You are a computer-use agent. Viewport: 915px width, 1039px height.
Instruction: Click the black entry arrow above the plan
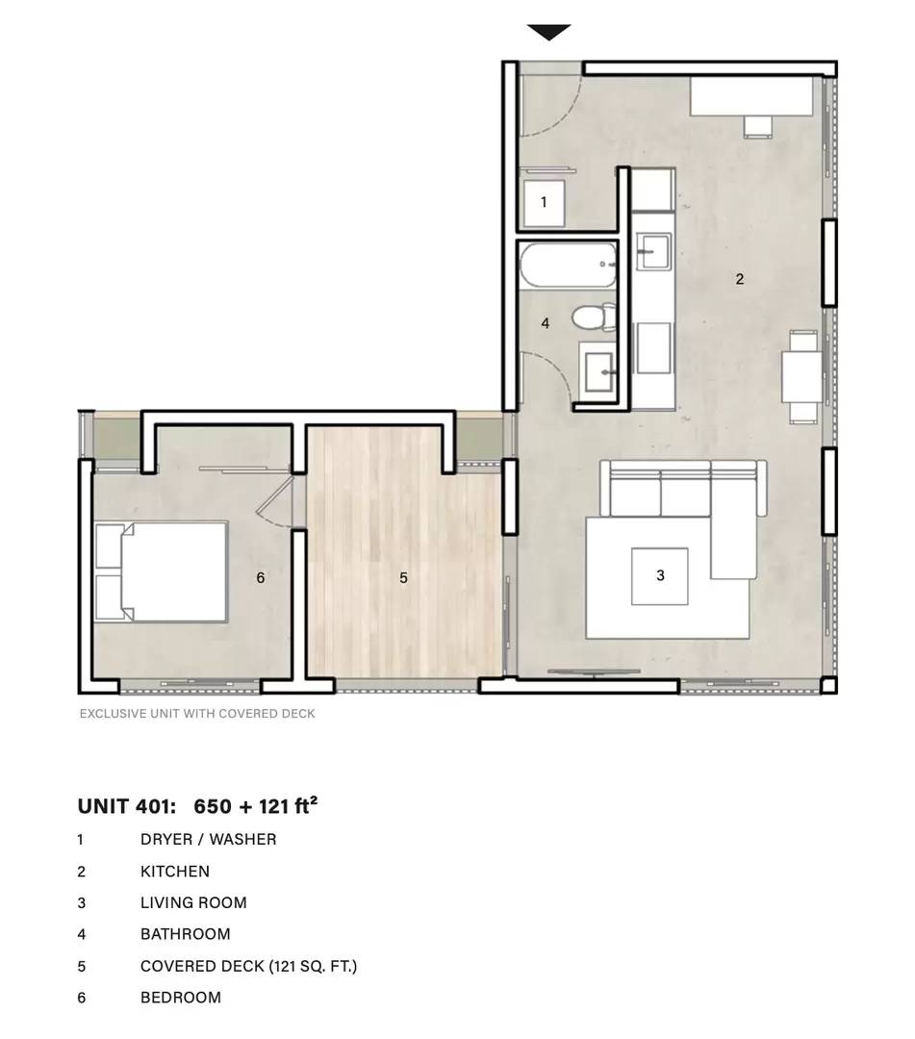[x=548, y=32]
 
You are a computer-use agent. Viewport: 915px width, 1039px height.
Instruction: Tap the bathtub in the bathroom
[x=569, y=266]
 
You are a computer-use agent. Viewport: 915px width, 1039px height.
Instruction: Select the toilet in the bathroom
[x=594, y=317]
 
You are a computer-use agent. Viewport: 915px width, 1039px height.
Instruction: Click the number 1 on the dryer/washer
[x=544, y=201]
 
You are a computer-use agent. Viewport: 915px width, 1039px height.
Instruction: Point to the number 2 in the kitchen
[x=740, y=279]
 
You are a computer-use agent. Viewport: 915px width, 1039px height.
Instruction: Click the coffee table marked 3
[x=659, y=576]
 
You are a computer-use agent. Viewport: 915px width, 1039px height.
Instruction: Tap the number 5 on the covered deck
[x=403, y=578]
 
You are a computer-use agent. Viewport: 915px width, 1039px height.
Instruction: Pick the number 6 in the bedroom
[x=261, y=578]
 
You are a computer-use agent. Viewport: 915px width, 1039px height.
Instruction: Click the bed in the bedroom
[x=161, y=571]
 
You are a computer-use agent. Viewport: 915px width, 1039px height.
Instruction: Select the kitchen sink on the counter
[x=653, y=251]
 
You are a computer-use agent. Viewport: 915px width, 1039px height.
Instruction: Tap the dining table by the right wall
[x=801, y=376]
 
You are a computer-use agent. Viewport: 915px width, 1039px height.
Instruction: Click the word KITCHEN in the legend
[x=175, y=872]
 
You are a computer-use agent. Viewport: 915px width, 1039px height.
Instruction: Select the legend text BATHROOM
[x=186, y=934]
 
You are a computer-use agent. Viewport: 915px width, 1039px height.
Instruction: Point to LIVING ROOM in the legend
[x=193, y=902]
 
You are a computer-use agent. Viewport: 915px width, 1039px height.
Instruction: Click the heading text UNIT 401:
[x=127, y=806]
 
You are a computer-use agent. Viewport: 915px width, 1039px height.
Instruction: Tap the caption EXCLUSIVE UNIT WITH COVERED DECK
[x=197, y=714]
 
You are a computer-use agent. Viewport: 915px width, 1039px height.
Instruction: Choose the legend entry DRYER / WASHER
[x=208, y=840]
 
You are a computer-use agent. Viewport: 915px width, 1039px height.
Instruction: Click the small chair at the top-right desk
[x=758, y=127]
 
